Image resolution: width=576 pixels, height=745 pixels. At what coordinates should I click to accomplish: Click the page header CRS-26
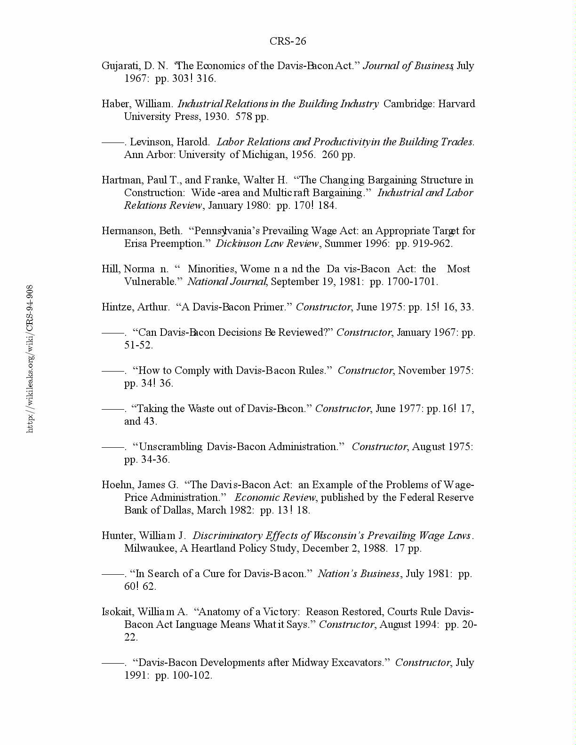click(x=288, y=41)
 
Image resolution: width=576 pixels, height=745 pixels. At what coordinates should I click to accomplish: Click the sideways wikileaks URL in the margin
click(x=30, y=358)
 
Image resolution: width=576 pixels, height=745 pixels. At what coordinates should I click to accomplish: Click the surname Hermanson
click(x=125, y=231)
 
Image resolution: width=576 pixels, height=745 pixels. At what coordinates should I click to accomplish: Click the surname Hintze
click(x=118, y=307)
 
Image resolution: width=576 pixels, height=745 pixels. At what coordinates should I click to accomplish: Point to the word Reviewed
click(x=305, y=333)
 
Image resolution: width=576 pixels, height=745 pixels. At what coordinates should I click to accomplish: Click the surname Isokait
click(x=118, y=612)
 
